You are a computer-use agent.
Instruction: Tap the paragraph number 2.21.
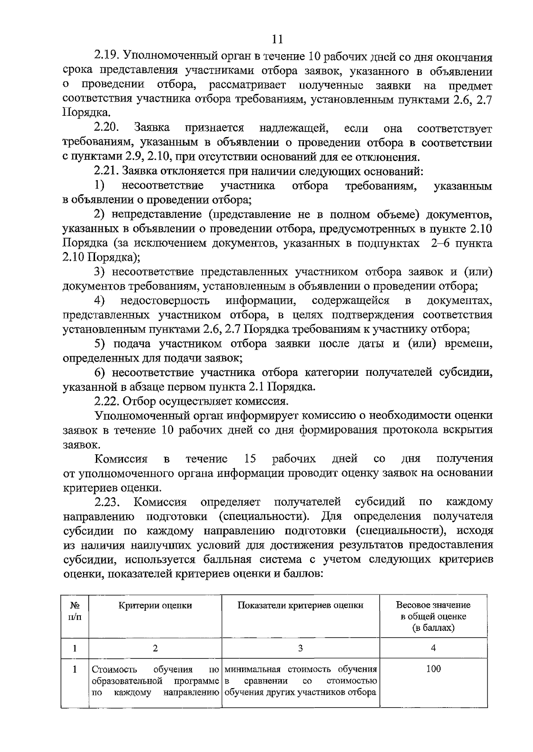pyautogui.click(x=106, y=171)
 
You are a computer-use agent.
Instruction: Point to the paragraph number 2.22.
pyautogui.click(x=106, y=402)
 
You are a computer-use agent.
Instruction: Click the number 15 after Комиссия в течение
pyautogui.click(x=251, y=458)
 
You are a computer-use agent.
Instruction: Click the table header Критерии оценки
pyautogui.click(x=155, y=606)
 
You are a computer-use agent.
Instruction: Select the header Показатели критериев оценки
pyautogui.click(x=300, y=606)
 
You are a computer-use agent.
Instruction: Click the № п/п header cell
pyautogui.click(x=75, y=611)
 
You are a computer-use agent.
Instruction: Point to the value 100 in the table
pyautogui.click(x=433, y=669)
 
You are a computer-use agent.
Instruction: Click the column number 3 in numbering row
pyautogui.click(x=300, y=648)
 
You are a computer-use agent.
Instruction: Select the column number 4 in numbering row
pyautogui.click(x=433, y=648)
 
